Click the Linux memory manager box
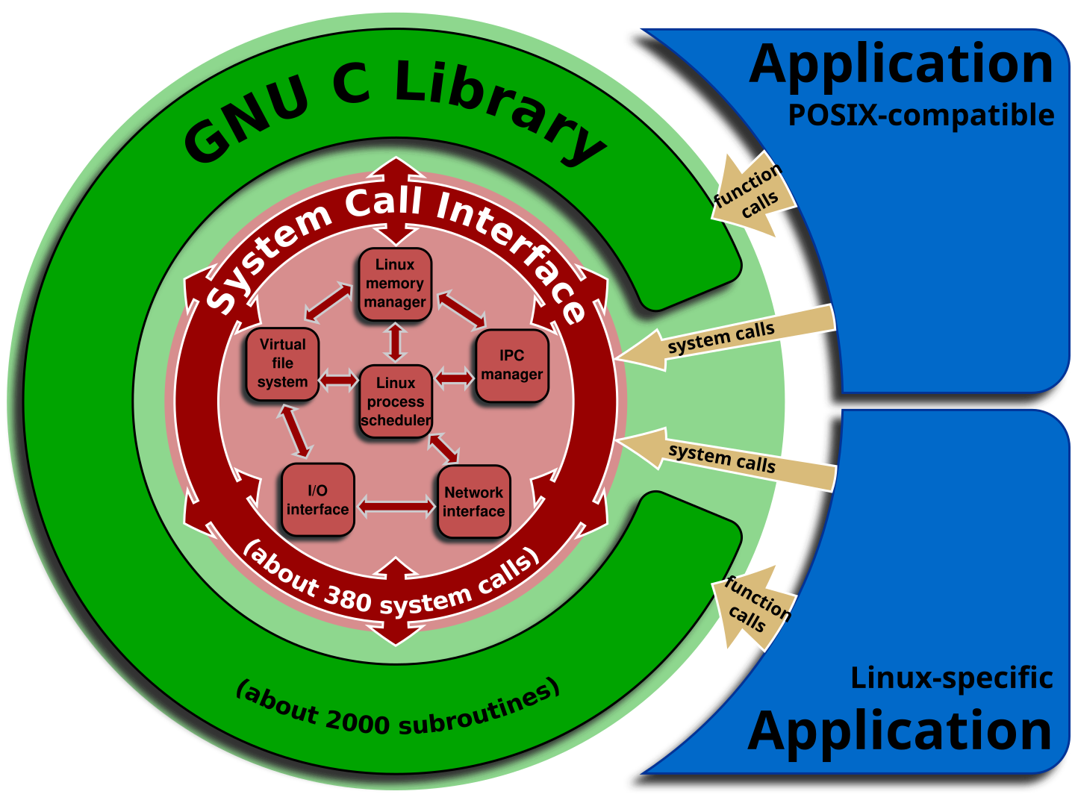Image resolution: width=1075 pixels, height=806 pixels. [395, 284]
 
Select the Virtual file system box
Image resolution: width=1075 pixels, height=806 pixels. [283, 364]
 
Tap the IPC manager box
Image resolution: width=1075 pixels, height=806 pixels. [512, 366]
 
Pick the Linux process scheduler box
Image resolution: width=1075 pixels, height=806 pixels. [396, 402]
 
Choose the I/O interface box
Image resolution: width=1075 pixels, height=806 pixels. [317, 500]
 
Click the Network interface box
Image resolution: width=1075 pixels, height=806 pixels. [474, 502]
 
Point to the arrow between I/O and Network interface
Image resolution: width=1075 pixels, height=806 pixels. [396, 507]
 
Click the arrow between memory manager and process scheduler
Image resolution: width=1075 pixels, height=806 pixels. [396, 343]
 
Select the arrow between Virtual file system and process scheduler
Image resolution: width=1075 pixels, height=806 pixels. [339, 381]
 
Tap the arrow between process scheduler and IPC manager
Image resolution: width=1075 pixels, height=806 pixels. [454, 378]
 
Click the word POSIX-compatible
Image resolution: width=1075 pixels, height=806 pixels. [920, 116]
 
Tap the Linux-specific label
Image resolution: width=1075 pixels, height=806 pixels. [951, 678]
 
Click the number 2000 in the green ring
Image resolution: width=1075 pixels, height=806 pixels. [358, 721]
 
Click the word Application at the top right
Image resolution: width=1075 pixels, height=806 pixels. [901, 65]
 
